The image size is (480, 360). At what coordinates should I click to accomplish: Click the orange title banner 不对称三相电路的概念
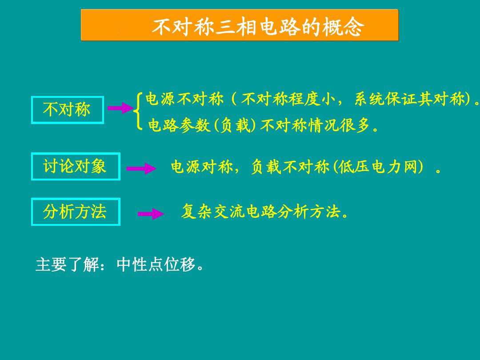(x=240, y=25)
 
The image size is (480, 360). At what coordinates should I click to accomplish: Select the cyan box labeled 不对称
(x=67, y=110)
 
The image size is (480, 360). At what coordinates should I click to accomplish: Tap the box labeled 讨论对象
(x=76, y=166)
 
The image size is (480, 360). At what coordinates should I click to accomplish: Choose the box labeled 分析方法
(x=76, y=212)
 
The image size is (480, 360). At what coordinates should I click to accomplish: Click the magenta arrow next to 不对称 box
(x=120, y=108)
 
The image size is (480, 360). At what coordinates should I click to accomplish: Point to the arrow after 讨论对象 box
(x=141, y=168)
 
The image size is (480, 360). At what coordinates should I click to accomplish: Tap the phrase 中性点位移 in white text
(x=156, y=265)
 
